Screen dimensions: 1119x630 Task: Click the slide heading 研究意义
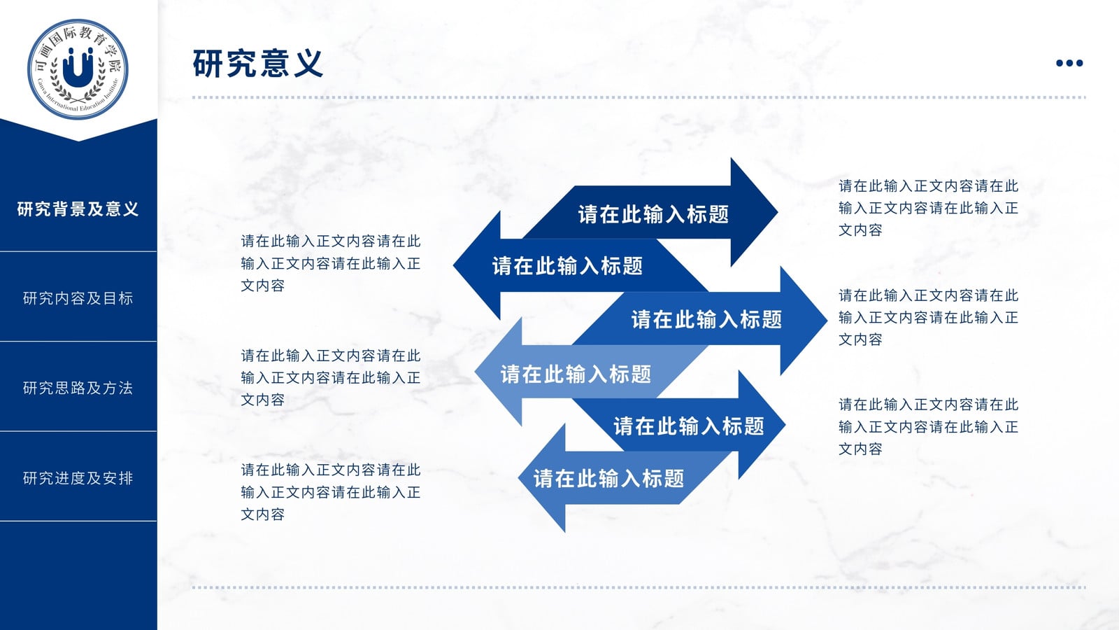pyautogui.click(x=258, y=64)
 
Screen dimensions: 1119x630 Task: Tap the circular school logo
pyautogui.click(x=78, y=69)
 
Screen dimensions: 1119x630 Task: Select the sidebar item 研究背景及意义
pyautogui.click(x=78, y=209)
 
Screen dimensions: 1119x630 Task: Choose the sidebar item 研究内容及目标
pyautogui.click(x=78, y=298)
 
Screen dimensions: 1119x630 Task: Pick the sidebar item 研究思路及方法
pyautogui.click(x=78, y=388)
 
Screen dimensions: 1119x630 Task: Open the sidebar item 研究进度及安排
pyautogui.click(x=78, y=478)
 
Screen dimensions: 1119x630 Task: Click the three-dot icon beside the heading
pyautogui.click(x=1069, y=63)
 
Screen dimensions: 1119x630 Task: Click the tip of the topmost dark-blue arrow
pyautogui.click(x=777, y=212)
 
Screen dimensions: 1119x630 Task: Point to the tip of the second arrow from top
pyautogui.click(x=454, y=265)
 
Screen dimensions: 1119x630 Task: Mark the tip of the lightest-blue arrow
pyautogui.click(x=475, y=372)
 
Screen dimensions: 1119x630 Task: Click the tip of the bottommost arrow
pyautogui.click(x=518, y=478)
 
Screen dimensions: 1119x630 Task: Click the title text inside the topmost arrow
pyautogui.click(x=653, y=214)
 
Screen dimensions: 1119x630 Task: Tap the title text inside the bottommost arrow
pyautogui.click(x=608, y=479)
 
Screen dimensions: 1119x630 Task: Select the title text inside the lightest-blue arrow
pyautogui.click(x=576, y=374)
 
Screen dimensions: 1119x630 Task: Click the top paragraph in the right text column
pyautogui.click(x=928, y=208)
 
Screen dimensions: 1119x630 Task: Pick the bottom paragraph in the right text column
pyautogui.click(x=928, y=426)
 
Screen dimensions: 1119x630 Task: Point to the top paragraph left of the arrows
pyautogui.click(x=331, y=263)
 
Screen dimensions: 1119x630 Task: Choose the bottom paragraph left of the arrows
pyautogui.click(x=331, y=492)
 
